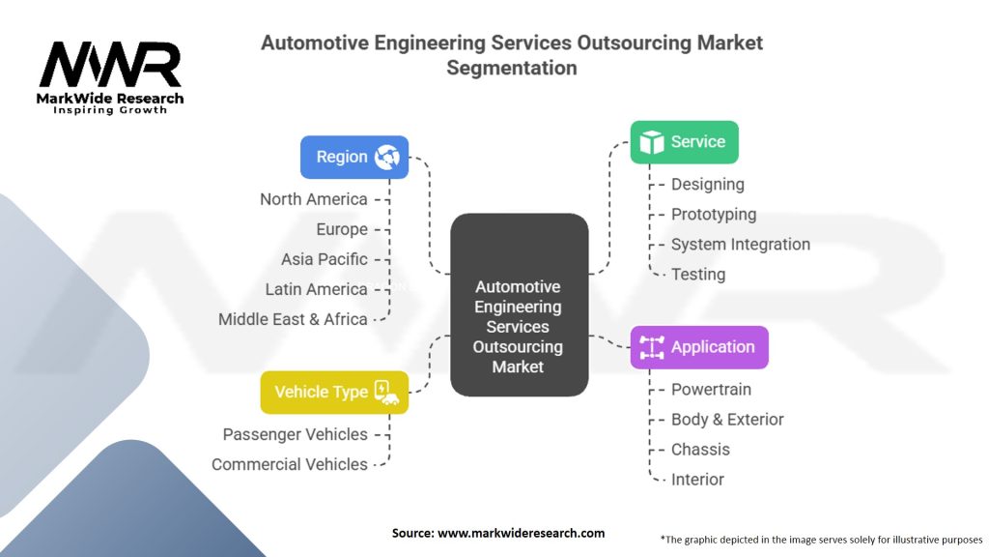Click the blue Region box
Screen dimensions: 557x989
[354, 157]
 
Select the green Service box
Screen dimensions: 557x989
[684, 142]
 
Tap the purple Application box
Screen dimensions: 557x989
[699, 347]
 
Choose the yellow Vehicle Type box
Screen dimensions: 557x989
[334, 392]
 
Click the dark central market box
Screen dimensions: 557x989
[519, 306]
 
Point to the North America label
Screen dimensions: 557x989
[314, 199]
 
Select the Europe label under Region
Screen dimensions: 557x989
[342, 229]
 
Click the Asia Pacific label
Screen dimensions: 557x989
[325, 259]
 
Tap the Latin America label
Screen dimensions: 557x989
[317, 289]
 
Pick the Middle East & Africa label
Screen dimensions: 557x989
[293, 319]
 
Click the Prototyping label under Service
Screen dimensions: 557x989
[714, 215]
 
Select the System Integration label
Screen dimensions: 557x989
[741, 245]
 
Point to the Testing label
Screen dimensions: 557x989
[698, 275]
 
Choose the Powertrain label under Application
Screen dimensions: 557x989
[711, 390]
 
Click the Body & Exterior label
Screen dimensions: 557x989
[727, 420]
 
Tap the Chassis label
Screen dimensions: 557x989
[701, 450]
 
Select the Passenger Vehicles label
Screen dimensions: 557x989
[295, 434]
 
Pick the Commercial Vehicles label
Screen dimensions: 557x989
[290, 464]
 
